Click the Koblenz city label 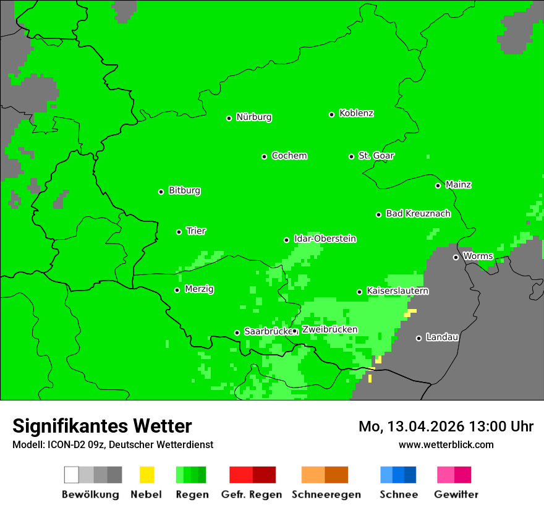356,113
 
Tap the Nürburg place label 253,117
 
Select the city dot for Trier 179,232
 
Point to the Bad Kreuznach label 418,213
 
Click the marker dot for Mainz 438,185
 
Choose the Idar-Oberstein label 325,239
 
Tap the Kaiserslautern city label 397,290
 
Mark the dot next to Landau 419,338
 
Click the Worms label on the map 478,256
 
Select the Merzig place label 199,289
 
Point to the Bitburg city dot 161,192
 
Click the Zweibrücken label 329,329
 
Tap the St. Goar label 376,155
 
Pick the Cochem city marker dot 264,156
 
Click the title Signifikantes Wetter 102,426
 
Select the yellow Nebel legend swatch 147,475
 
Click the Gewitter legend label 456,494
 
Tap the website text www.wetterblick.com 446,444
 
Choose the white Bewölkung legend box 72,475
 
